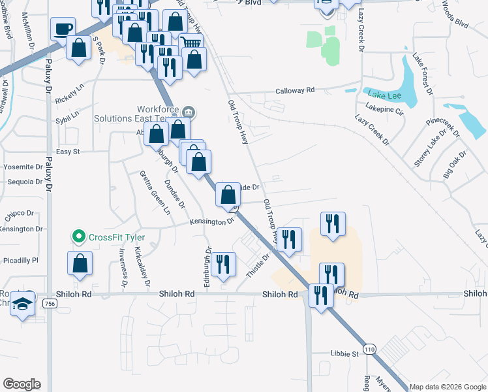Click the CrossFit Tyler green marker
click(79, 237)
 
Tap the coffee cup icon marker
click(63, 29)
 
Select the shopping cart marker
click(191, 44)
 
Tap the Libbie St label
click(346, 354)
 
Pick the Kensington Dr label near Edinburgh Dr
click(211, 221)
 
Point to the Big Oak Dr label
click(455, 165)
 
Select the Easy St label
click(67, 152)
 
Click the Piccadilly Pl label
click(20, 260)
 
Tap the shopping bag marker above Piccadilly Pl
click(80, 263)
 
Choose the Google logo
click(22, 384)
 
